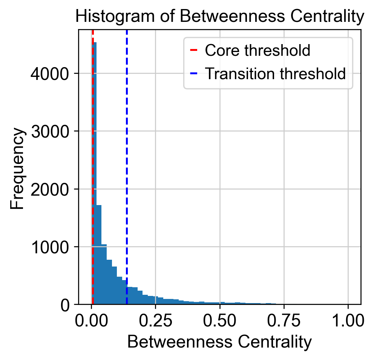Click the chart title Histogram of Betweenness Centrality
click(x=220, y=16)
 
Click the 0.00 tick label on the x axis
click(x=91, y=321)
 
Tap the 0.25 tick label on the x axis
click(x=155, y=321)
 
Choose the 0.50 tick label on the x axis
click(x=220, y=321)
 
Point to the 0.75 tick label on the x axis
click(x=284, y=321)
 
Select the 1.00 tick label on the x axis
click(x=348, y=321)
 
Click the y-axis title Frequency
click(x=17, y=169)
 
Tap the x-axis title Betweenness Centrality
click(x=220, y=342)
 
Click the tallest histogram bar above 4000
click(x=94, y=173)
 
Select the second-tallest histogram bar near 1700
click(x=99, y=254)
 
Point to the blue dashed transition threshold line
click(x=127, y=167)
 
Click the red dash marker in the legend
click(x=194, y=50)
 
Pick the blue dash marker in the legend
click(x=194, y=74)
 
